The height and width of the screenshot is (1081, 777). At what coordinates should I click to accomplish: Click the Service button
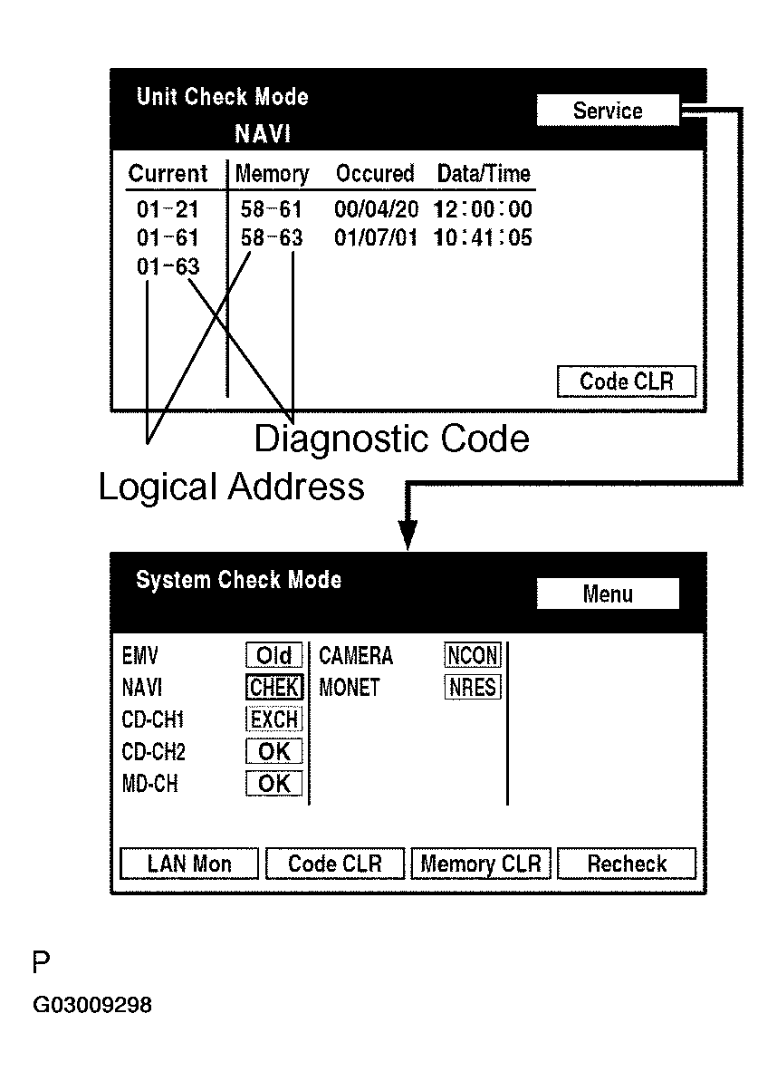click(607, 111)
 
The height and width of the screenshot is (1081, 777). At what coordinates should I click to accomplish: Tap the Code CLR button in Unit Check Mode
click(627, 381)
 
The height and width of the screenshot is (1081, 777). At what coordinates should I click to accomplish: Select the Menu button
click(608, 594)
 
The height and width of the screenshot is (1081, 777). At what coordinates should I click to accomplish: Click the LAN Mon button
click(189, 864)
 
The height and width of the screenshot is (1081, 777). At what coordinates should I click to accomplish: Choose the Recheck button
click(627, 864)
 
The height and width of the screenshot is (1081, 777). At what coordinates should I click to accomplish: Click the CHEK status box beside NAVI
click(273, 688)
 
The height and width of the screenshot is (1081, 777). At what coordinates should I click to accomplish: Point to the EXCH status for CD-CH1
click(273, 719)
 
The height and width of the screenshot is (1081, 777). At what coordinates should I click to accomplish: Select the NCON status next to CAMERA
click(472, 655)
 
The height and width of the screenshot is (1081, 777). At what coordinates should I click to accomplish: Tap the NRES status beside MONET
click(472, 688)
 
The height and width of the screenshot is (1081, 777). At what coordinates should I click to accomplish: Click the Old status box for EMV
click(273, 655)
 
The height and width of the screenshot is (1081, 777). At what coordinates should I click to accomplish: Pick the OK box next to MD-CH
click(273, 784)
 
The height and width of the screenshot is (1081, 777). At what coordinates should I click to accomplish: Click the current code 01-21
click(168, 210)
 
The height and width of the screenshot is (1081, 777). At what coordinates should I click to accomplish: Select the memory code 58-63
click(272, 238)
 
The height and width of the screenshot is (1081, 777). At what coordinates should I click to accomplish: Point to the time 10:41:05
click(483, 238)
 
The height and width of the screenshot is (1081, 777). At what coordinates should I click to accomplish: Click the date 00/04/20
click(377, 210)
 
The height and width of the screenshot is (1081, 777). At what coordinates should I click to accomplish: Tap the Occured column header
click(375, 173)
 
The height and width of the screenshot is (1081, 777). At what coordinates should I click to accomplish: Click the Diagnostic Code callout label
click(391, 439)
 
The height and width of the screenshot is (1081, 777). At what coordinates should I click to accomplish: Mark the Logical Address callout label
click(231, 487)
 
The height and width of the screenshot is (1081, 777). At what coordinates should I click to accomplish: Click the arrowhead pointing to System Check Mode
click(408, 536)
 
